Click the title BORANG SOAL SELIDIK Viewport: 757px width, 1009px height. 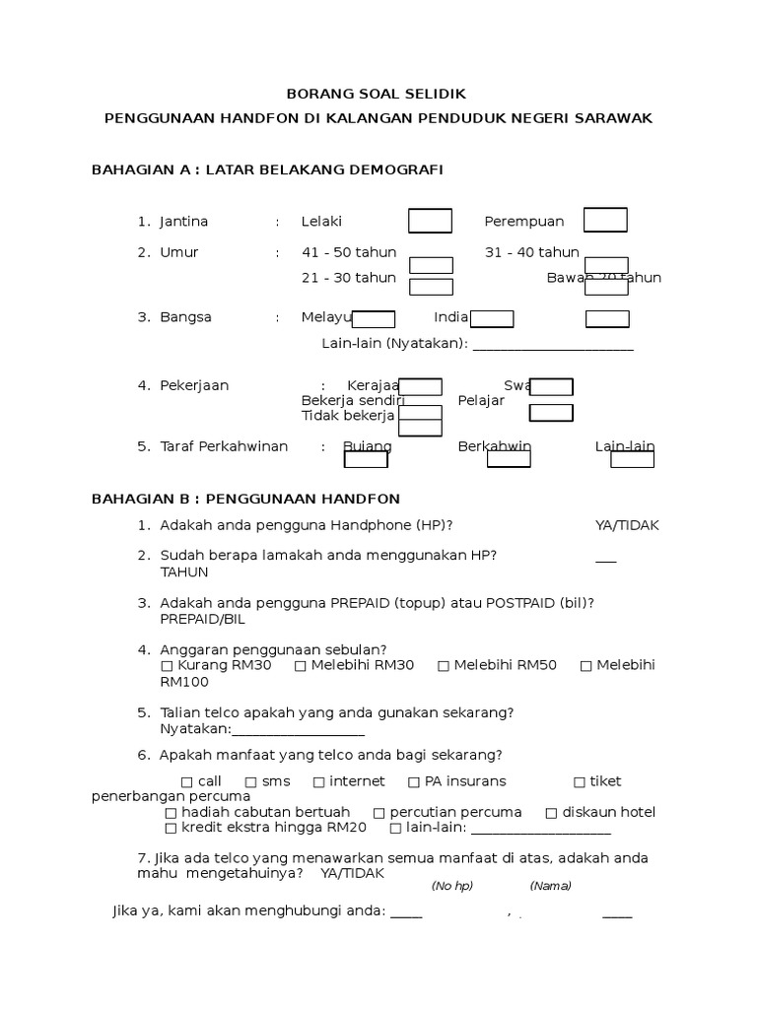click(x=376, y=94)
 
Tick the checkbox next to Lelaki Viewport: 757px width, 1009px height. click(x=430, y=221)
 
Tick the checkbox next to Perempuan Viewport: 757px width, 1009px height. click(x=605, y=220)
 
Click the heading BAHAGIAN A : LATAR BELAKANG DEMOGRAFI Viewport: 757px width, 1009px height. click(x=267, y=169)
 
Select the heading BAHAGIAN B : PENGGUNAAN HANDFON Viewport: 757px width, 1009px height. click(x=245, y=500)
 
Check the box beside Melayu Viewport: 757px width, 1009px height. click(x=374, y=319)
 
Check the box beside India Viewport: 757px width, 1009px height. click(x=492, y=318)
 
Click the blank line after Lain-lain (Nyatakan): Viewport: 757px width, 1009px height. click(x=554, y=345)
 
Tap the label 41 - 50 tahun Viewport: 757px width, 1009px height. click(x=348, y=252)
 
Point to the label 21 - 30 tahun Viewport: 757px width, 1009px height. click(x=348, y=278)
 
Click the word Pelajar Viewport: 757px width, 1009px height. click(x=481, y=401)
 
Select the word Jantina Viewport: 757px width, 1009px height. click(x=184, y=222)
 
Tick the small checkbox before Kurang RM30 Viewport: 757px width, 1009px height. click(x=166, y=666)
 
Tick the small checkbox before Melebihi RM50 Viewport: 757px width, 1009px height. click(x=444, y=666)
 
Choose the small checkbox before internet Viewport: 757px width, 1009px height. click(x=318, y=782)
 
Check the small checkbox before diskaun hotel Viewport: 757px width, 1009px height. click(x=552, y=813)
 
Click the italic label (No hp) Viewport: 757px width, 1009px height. click(x=452, y=886)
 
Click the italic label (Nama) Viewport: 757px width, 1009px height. click(x=550, y=886)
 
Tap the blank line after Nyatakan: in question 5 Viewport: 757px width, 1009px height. click(x=298, y=731)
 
